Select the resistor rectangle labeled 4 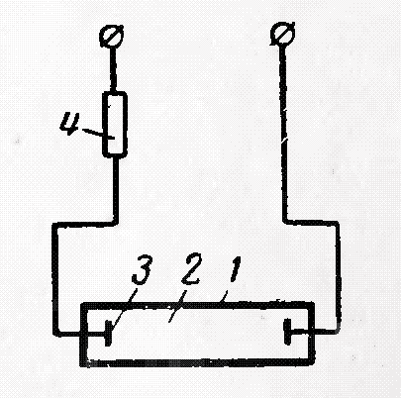point(115,125)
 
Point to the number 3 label point(142,271)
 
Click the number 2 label point(190,270)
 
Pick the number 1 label point(235,269)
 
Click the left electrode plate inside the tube point(107,333)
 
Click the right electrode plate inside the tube point(287,332)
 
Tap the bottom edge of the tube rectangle point(197,363)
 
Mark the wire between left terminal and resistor point(113,69)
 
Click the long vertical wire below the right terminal point(284,132)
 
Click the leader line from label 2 point(177,305)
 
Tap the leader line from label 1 point(224,297)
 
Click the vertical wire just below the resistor point(115,189)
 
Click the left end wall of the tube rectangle point(84,334)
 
